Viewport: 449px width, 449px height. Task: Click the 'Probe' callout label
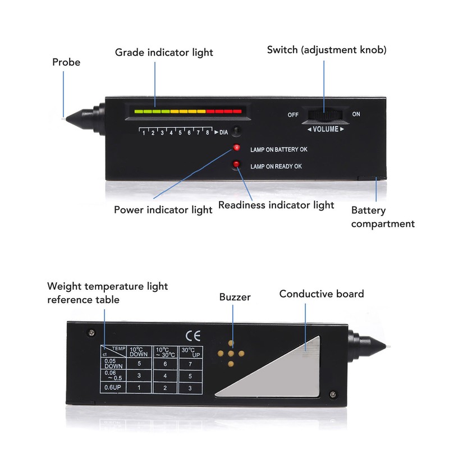(x=66, y=62)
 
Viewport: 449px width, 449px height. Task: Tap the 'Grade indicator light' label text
(x=164, y=53)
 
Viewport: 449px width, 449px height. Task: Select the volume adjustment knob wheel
(x=325, y=115)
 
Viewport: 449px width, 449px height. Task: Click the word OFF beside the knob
(x=293, y=115)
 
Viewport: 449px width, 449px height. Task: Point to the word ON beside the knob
(x=356, y=114)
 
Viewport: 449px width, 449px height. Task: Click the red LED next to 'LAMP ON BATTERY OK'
(x=236, y=148)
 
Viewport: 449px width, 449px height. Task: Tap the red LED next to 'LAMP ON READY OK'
(x=236, y=164)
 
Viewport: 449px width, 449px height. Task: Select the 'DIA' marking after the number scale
(x=223, y=132)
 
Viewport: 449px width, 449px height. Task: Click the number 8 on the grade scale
(x=207, y=132)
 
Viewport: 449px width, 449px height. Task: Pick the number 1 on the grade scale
(x=144, y=133)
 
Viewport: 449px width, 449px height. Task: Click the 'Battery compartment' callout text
(x=383, y=217)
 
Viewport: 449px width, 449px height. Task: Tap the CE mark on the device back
(x=193, y=336)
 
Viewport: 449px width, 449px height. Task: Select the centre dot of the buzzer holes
(x=231, y=354)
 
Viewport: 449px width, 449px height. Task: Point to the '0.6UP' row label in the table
(x=113, y=387)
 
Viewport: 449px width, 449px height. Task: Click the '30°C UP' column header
(x=191, y=352)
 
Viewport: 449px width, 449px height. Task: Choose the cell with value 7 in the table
(x=190, y=364)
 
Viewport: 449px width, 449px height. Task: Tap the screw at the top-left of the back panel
(x=91, y=333)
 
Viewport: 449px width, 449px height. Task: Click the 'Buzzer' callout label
(x=235, y=297)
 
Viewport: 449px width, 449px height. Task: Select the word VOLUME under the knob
(x=326, y=129)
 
